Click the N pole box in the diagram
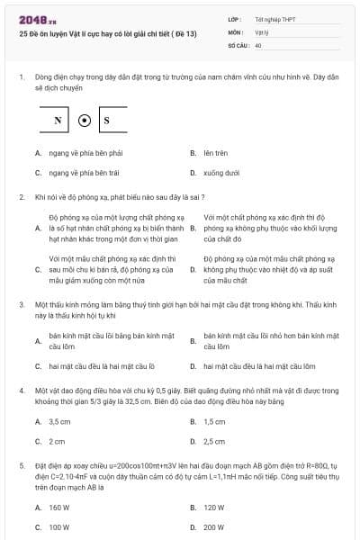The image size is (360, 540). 58,120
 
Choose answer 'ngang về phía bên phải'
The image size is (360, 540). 78,154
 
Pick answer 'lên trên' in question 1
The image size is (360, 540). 214,154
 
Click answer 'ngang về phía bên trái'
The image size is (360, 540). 77,172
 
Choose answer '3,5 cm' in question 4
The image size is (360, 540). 59,421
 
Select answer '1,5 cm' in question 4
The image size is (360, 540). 214,421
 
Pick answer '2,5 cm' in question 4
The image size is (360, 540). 214,441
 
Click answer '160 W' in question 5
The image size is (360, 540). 59,508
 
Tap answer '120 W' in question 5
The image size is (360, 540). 213,508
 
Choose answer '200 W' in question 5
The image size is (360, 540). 214,526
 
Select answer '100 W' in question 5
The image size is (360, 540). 59,526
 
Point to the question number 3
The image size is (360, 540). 21,305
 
